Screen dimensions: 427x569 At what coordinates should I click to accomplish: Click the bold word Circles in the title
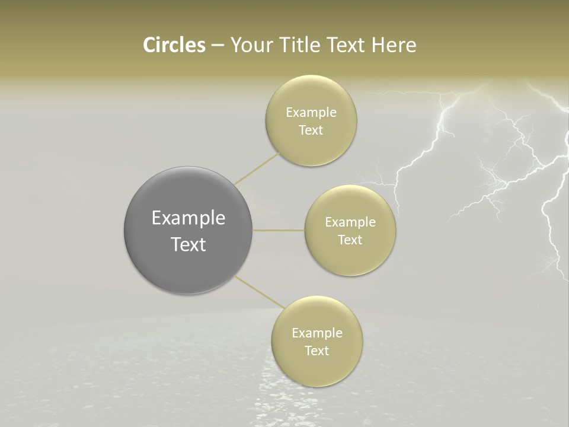click(x=174, y=45)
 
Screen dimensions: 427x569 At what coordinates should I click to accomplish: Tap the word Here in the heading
click(x=394, y=45)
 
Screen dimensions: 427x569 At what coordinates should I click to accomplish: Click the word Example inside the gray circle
click(x=188, y=218)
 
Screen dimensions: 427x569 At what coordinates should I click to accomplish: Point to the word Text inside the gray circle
click(x=188, y=244)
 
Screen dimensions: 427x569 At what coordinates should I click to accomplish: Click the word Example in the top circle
click(x=311, y=113)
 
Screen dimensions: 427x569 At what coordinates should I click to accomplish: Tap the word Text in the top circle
click(x=311, y=130)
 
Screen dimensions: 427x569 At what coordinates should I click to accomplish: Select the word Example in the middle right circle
click(x=350, y=222)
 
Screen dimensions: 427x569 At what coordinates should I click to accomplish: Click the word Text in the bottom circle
click(x=317, y=351)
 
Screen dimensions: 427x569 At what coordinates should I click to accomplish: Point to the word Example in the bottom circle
click(x=317, y=333)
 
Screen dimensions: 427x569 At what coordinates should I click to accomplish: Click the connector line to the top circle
click(x=257, y=168)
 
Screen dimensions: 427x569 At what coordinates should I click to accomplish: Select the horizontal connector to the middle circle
click(x=279, y=230)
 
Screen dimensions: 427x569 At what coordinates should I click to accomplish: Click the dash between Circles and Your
click(x=217, y=46)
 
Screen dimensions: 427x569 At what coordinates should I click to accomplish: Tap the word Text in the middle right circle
click(x=350, y=240)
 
